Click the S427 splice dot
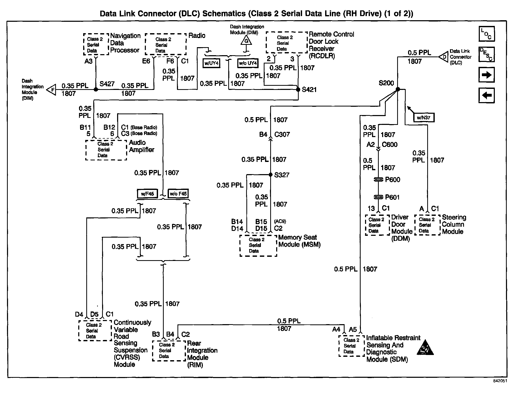click(x=96, y=89)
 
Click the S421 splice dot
click(x=298, y=89)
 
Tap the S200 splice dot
click(x=398, y=89)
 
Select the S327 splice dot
click(x=270, y=175)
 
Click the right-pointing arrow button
click(x=487, y=75)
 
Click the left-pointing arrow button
click(x=487, y=95)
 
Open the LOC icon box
click(x=487, y=34)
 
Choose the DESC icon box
click(x=487, y=54)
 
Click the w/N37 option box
click(x=424, y=117)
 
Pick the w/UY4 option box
click(x=211, y=63)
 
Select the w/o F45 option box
click(x=178, y=194)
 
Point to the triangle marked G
click(x=246, y=40)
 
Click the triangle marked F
click(x=52, y=90)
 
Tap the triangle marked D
click(x=443, y=57)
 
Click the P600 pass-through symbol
click(x=379, y=179)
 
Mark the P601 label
click(x=392, y=197)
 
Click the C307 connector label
click(x=282, y=134)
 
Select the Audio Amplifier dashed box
click(x=106, y=150)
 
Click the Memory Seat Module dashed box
click(x=258, y=245)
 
